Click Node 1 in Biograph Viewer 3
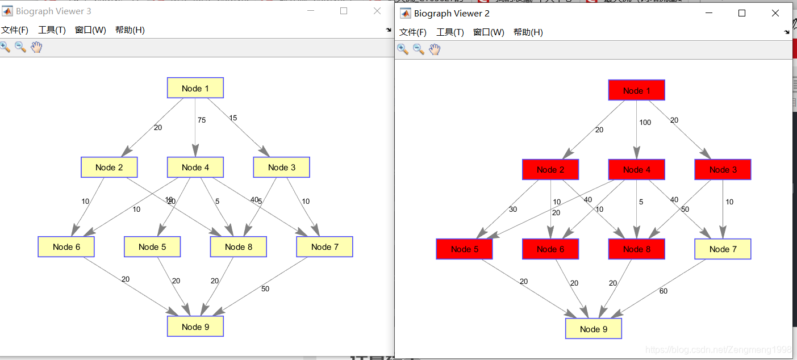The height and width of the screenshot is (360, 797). point(195,88)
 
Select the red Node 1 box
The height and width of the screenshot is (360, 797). point(636,90)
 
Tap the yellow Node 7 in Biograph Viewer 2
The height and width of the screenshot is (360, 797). point(722,249)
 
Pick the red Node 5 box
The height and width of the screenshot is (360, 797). point(464,249)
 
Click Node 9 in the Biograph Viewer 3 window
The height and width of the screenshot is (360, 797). point(195,326)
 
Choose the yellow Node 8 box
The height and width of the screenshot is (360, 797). point(238,246)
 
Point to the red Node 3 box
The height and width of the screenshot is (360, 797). point(722,169)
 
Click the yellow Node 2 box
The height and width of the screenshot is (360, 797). point(109,167)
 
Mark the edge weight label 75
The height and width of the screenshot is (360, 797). point(202,120)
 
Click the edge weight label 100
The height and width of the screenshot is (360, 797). point(645,123)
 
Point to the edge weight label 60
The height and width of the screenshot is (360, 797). point(664,291)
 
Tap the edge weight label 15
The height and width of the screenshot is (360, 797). point(233,118)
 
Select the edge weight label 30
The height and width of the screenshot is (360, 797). point(513,210)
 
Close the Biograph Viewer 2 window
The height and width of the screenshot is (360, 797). point(775,13)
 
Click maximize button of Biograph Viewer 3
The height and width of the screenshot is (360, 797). point(343,11)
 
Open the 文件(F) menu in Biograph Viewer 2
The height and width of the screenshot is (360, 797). point(412,32)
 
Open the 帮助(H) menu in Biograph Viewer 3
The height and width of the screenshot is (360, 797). point(130,30)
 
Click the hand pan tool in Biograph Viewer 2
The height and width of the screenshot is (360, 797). point(435,49)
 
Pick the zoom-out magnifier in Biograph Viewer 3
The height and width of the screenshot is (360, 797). point(20,47)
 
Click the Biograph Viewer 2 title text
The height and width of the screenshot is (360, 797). point(452,14)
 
